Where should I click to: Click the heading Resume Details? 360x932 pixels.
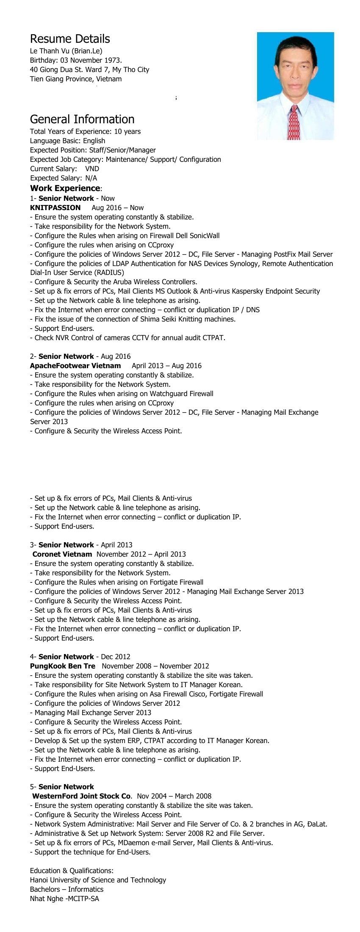(x=70, y=39)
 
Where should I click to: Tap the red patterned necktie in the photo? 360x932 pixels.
(x=294, y=122)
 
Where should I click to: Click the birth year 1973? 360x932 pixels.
(x=112, y=60)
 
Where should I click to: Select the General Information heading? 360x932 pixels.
(x=82, y=119)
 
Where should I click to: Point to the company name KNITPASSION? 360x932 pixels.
(x=55, y=208)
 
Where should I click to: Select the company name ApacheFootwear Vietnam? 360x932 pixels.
(x=75, y=366)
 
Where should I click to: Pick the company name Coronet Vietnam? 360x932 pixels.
(x=62, y=554)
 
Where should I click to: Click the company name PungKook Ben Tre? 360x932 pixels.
(x=63, y=666)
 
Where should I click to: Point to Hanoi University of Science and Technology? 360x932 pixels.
(x=98, y=880)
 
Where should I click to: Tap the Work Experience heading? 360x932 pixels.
(x=65, y=188)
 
